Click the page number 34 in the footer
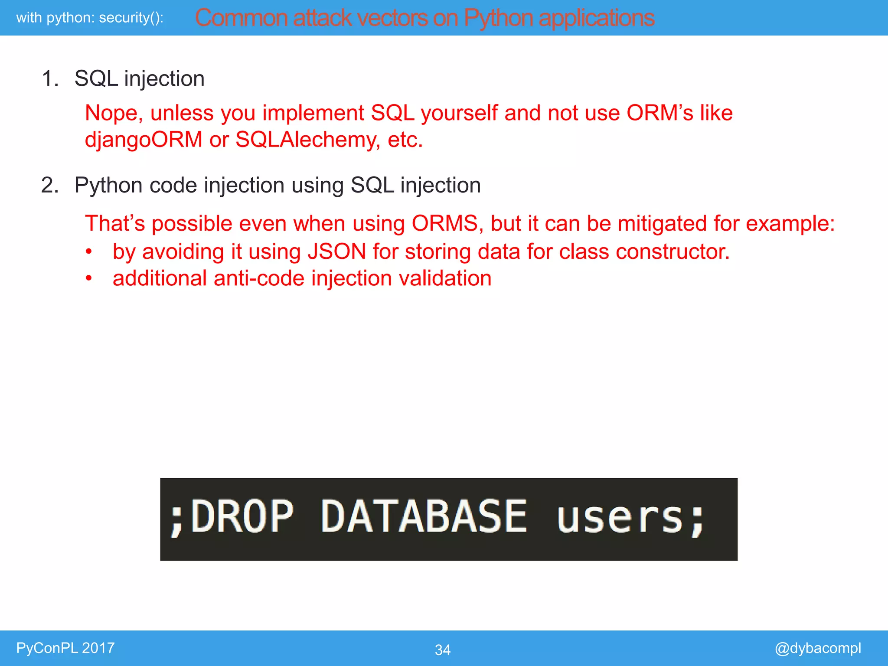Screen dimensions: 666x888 tap(442, 650)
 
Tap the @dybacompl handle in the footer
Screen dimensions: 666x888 tap(817, 648)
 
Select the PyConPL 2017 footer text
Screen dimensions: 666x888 tap(65, 648)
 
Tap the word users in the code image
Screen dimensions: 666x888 tap(620, 518)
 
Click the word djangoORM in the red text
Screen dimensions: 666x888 tap(144, 140)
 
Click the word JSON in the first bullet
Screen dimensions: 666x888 tap(336, 251)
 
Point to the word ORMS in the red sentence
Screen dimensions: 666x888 tap(444, 224)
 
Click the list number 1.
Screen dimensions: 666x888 tap(50, 79)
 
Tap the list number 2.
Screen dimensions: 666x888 tap(50, 186)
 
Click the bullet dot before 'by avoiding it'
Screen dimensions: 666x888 tap(89, 252)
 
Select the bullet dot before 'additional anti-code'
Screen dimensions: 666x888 tap(89, 278)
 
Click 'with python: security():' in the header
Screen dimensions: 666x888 tap(90, 18)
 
